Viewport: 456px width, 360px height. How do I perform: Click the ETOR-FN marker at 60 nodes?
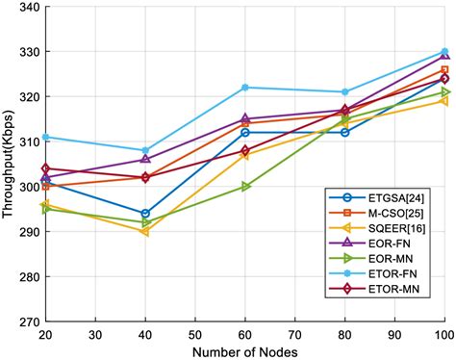245,88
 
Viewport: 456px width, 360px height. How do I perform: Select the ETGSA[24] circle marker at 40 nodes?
145,214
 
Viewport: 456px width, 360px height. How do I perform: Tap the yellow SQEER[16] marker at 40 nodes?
145,231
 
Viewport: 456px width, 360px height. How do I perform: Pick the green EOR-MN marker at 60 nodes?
245,187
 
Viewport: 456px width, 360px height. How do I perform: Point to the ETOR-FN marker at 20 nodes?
45,137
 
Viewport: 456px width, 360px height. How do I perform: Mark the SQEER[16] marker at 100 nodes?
444,101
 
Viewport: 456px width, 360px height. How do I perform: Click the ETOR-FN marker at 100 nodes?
444,52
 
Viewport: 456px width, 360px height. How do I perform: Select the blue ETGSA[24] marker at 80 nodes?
344,132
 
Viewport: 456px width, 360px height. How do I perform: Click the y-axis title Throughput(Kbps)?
10,164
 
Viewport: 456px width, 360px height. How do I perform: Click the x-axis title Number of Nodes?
244,350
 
